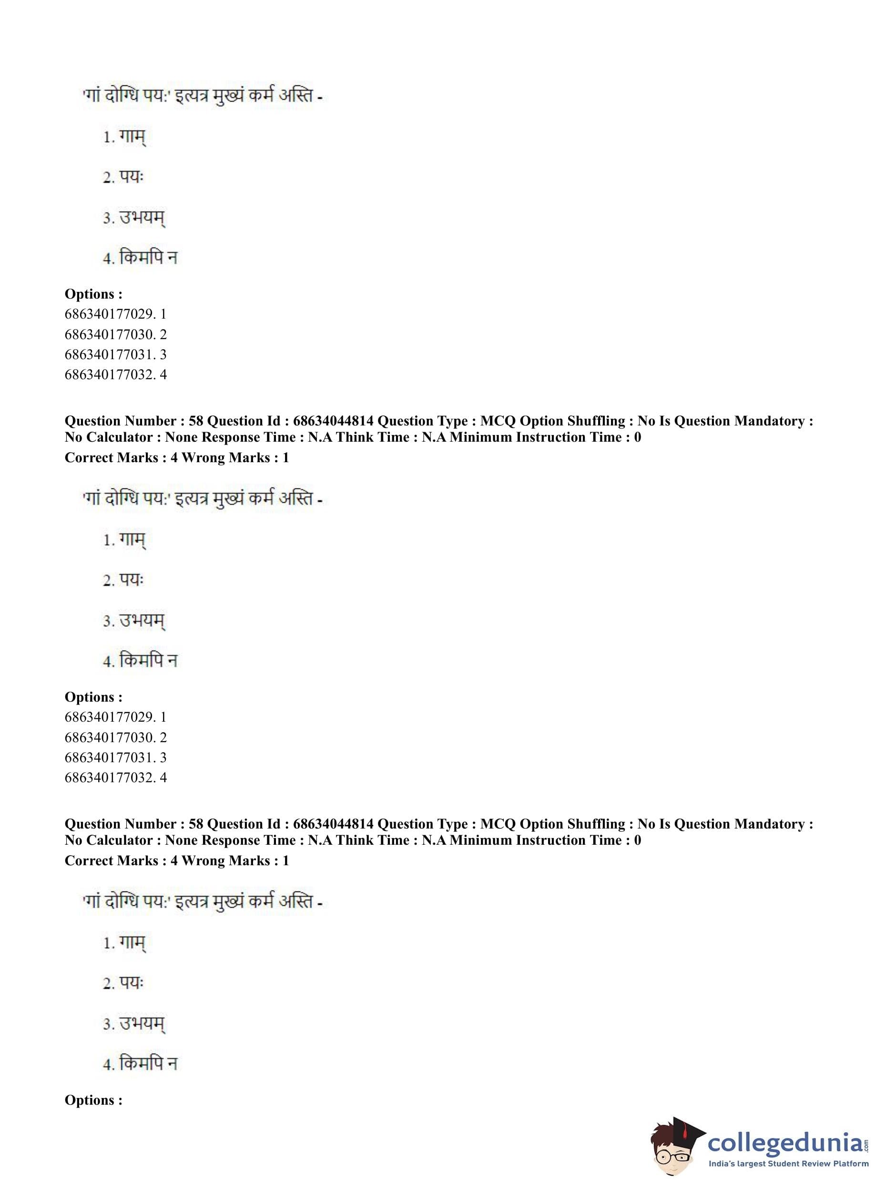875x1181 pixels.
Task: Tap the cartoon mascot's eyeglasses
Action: click(672, 1156)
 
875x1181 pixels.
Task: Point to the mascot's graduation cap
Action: click(683, 1129)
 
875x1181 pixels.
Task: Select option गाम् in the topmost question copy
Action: click(132, 137)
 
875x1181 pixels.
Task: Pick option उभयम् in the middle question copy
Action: click(142, 621)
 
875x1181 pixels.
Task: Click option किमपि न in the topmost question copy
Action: click(148, 258)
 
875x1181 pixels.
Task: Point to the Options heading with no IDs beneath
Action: click(93, 1100)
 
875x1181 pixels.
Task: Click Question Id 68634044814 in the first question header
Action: click(333, 421)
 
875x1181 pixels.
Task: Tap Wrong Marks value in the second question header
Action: click(285, 860)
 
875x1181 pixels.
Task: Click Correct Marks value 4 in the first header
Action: click(174, 457)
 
